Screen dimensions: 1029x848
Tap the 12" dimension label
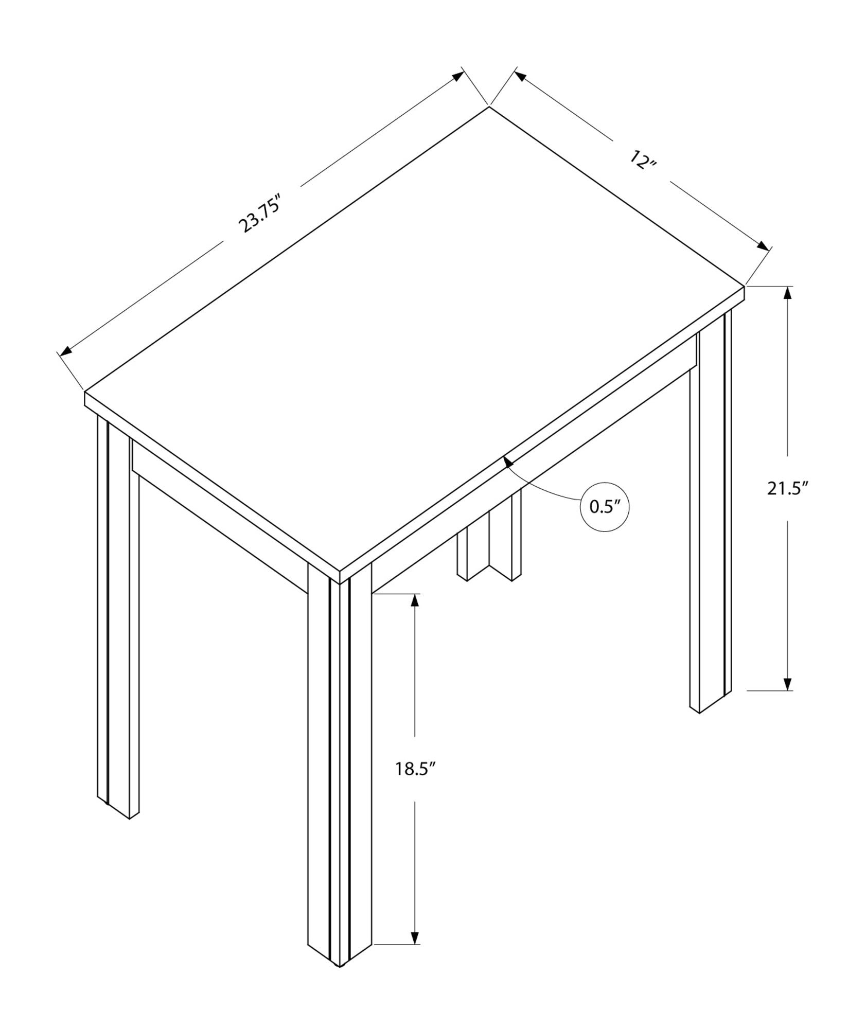pos(643,161)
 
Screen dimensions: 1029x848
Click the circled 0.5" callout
pos(605,507)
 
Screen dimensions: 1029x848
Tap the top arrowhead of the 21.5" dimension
pos(787,293)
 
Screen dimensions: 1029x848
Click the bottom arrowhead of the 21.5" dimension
pos(787,683)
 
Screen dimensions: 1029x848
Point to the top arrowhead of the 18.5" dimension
pos(415,601)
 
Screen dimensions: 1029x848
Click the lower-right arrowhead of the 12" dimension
pos(762,245)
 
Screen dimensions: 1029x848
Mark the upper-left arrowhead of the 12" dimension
pos(519,76)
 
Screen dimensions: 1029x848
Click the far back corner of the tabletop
pos(488,107)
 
